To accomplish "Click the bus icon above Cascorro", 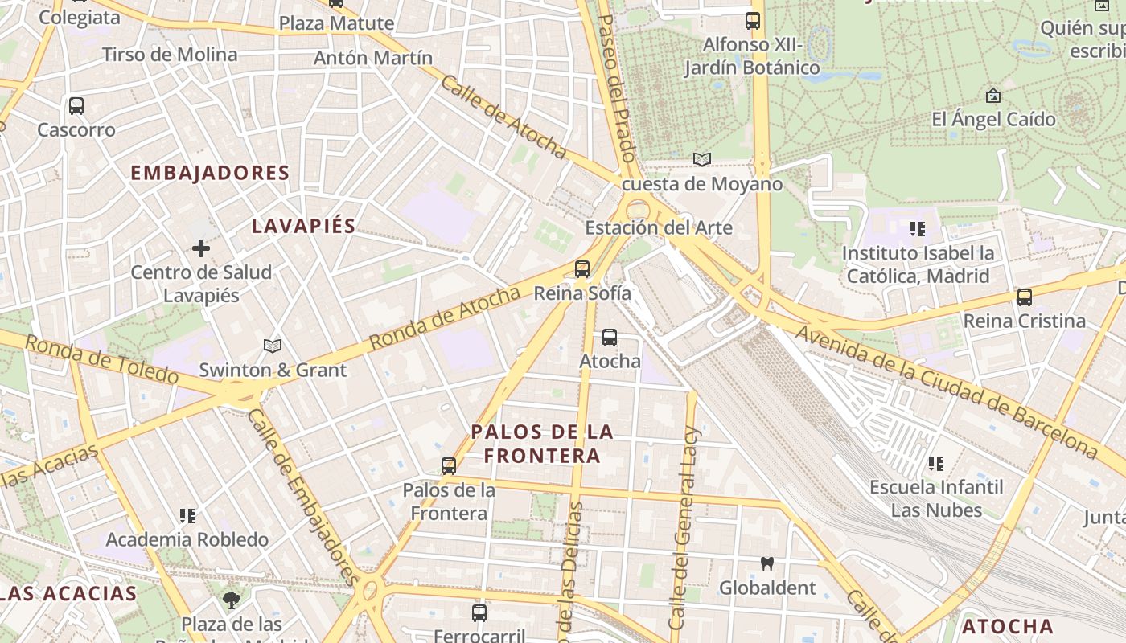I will point(76,105).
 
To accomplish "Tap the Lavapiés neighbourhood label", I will point(303,226).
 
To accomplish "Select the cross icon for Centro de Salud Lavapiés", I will point(201,248).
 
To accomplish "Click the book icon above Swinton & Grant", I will point(273,346).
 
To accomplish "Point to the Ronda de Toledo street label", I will point(101,359).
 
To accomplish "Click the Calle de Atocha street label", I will point(503,117).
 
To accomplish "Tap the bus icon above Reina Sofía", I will point(582,269).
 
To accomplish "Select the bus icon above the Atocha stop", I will point(610,338).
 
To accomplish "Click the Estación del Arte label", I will point(658,227).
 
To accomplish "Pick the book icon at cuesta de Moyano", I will point(702,159).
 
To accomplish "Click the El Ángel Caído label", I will point(993,120).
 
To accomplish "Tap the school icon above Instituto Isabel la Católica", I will point(918,229).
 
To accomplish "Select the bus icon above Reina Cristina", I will point(1024,297).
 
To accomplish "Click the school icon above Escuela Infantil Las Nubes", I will point(936,463).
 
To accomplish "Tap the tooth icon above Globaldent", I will point(767,564).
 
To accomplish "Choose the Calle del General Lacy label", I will point(685,527).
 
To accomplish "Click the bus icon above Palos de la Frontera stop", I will point(449,465).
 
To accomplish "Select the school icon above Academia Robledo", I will point(187,515).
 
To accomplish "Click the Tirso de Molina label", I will point(170,55).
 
